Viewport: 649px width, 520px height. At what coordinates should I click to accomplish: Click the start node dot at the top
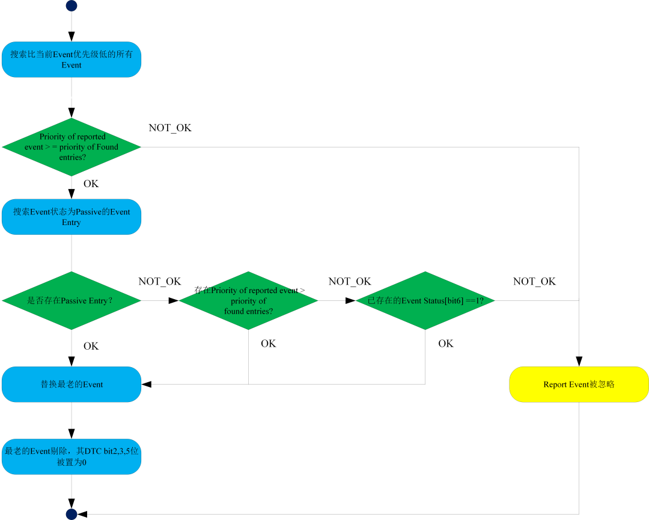(x=72, y=6)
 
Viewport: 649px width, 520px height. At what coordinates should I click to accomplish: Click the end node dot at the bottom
(x=72, y=514)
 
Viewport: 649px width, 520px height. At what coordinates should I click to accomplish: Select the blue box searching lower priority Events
(x=72, y=60)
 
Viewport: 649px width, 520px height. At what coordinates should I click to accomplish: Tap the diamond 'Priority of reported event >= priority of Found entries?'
(x=72, y=147)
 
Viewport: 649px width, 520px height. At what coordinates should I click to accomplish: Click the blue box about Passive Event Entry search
(x=72, y=217)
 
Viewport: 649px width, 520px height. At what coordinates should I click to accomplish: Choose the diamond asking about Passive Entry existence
(x=72, y=301)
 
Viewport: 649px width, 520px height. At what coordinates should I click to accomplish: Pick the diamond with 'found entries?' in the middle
(x=248, y=301)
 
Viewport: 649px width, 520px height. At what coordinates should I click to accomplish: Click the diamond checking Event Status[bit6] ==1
(x=425, y=301)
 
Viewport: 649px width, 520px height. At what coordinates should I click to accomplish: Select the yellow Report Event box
(x=579, y=385)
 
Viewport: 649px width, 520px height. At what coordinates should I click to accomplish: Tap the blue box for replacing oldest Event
(x=72, y=385)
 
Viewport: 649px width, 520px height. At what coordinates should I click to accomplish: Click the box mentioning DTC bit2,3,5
(x=72, y=457)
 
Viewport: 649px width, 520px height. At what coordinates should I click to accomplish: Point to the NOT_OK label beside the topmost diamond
(x=170, y=128)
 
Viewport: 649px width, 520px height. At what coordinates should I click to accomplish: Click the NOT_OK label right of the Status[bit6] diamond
(x=534, y=282)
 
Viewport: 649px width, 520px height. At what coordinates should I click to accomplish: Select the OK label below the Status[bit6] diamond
(x=446, y=343)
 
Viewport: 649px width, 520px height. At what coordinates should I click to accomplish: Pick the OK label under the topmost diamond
(x=91, y=184)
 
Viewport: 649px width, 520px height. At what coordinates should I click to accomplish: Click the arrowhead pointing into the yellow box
(x=579, y=361)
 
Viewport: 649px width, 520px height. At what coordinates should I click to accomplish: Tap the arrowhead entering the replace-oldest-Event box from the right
(x=147, y=385)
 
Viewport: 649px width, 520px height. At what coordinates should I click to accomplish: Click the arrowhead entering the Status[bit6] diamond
(x=350, y=301)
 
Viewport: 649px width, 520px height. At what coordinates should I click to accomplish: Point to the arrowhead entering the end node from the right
(x=82, y=514)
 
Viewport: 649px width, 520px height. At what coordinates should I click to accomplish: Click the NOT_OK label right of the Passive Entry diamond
(x=160, y=282)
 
